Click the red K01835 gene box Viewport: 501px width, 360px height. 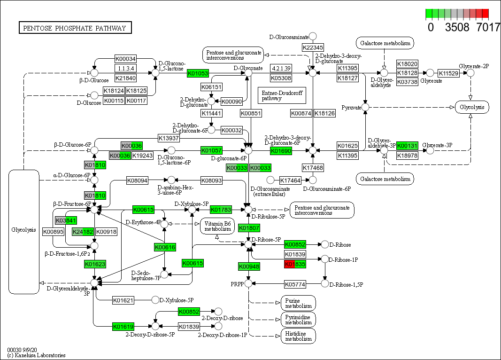[295, 264]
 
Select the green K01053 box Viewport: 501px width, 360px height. [198, 73]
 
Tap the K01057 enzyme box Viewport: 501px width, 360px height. [211, 150]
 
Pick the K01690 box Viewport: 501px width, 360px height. [281, 151]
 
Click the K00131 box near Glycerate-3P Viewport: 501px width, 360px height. [407, 146]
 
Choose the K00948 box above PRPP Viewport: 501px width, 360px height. [249, 267]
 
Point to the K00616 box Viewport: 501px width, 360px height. [165, 247]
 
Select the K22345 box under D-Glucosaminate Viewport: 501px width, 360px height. [313, 47]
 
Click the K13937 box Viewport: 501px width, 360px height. [168, 138]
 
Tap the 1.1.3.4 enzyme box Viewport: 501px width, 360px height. [125, 69]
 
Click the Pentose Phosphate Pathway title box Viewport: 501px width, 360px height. [75, 28]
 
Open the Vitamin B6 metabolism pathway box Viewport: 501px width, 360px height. [217, 226]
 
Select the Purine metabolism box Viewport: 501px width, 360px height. [298, 303]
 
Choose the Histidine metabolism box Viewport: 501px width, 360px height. [298, 336]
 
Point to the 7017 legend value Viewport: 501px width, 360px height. [488, 27]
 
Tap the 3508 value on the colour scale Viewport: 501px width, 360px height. [457, 27]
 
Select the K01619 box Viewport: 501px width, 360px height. [123, 326]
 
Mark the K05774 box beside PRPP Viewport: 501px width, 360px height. [295, 284]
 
